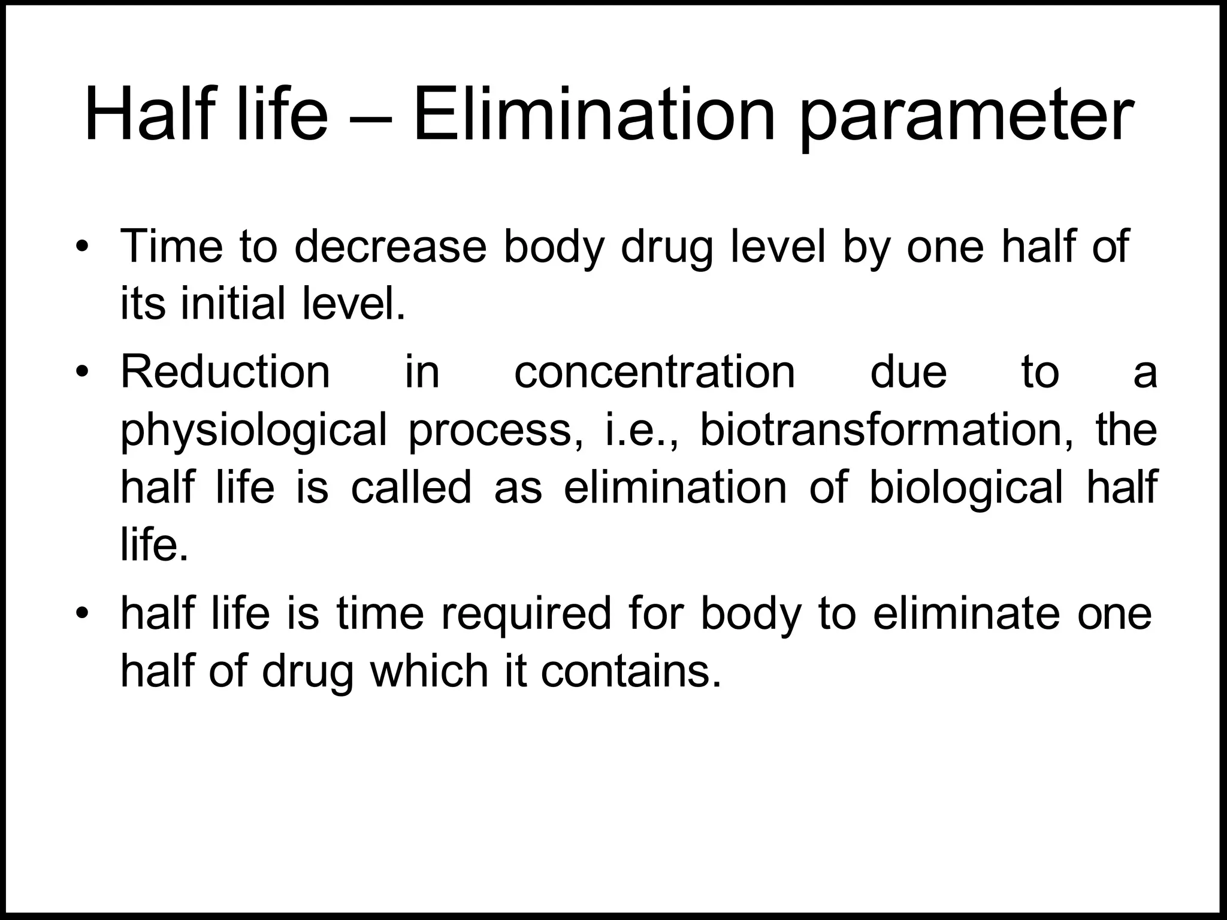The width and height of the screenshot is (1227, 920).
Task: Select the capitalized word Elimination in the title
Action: click(594, 114)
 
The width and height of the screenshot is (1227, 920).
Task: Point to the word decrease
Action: click(390, 247)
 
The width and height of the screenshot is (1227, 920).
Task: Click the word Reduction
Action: click(225, 372)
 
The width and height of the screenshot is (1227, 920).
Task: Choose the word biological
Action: click(965, 488)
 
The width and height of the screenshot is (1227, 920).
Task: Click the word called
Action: click(411, 486)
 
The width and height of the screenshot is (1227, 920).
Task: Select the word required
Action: click(526, 615)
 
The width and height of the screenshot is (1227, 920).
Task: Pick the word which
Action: click(429, 671)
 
